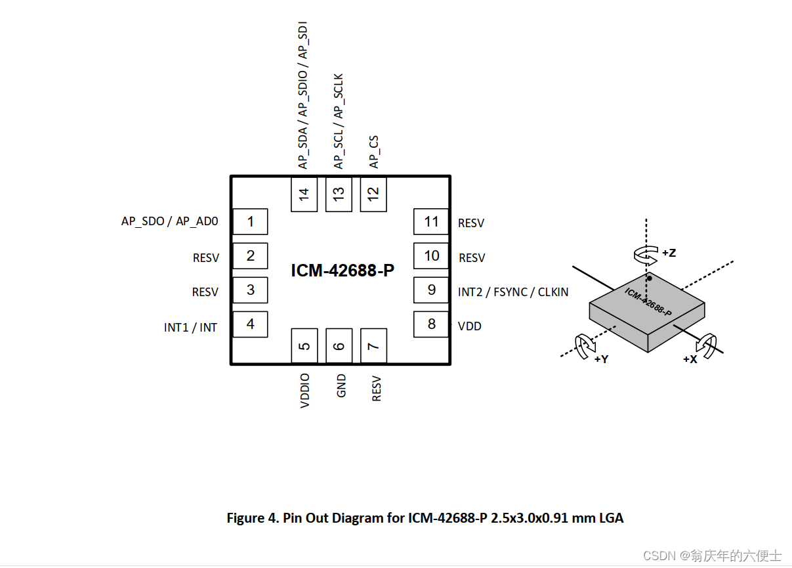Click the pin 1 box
250,221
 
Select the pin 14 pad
304,194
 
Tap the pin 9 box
431,290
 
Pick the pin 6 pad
339,346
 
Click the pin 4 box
250,324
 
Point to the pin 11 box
431,221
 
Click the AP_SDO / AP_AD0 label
170,221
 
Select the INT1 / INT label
190,328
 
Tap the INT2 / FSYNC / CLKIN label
513,292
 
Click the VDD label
470,326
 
